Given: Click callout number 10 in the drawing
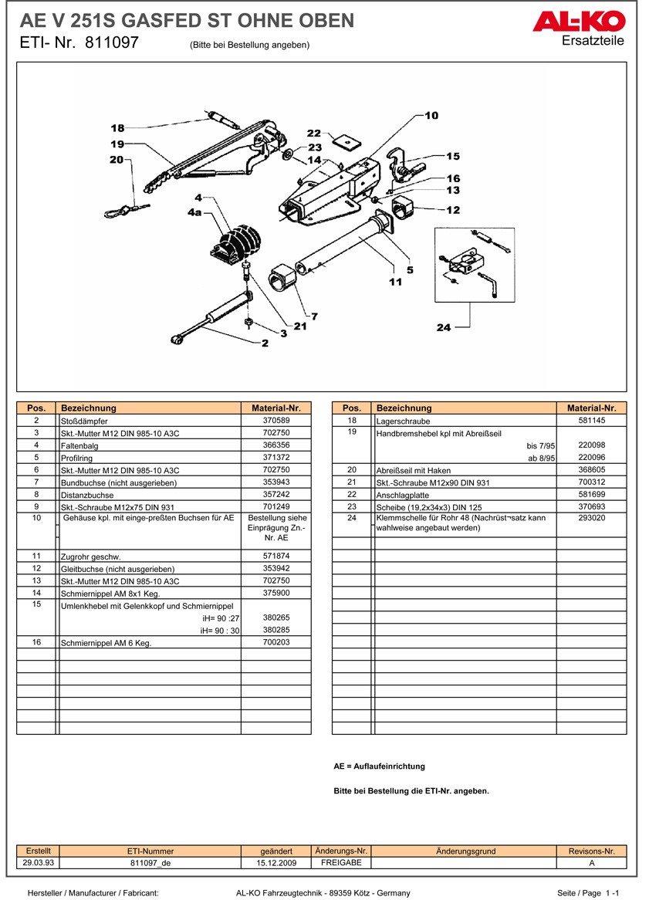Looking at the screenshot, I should coord(431,116).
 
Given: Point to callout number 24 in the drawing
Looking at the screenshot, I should coord(443,327).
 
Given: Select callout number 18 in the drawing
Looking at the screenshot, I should coord(117,128).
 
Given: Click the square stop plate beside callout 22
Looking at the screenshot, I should coord(347,141).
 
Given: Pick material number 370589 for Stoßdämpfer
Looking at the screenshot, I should coord(275,421).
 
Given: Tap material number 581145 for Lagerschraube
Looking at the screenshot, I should coord(591,421).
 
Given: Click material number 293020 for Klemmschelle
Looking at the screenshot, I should coord(591,518).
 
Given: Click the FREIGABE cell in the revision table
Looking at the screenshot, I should coord(341,863).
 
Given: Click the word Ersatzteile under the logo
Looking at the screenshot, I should coord(593,41).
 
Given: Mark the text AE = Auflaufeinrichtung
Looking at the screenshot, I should coord(379,766).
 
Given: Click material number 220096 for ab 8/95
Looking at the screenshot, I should coord(591,458).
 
